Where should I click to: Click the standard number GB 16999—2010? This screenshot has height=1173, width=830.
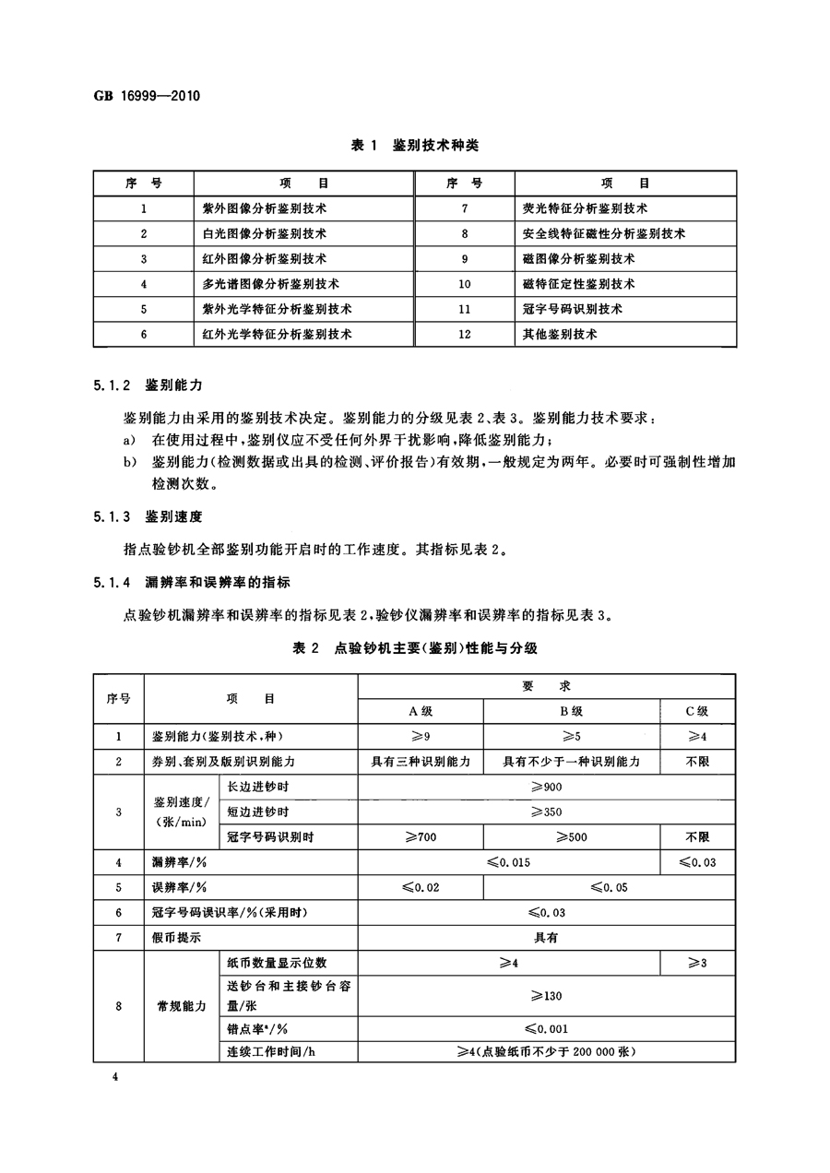tap(148, 96)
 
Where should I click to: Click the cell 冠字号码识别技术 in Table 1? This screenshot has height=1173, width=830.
tap(572, 309)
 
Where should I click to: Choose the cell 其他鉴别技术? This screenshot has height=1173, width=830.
tap(559, 334)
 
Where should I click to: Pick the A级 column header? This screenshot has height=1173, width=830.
tap(421, 711)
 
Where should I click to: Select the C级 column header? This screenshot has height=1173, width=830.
tap(697, 711)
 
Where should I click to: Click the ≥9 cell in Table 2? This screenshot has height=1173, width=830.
tap(421, 737)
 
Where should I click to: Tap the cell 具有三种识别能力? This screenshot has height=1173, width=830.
tap(421, 762)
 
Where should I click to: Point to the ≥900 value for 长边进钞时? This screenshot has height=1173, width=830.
tap(546, 787)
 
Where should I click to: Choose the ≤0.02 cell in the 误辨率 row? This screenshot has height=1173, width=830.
tap(421, 887)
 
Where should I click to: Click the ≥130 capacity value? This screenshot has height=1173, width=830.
tap(546, 996)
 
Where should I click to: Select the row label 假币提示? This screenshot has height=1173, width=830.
tap(176, 938)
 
